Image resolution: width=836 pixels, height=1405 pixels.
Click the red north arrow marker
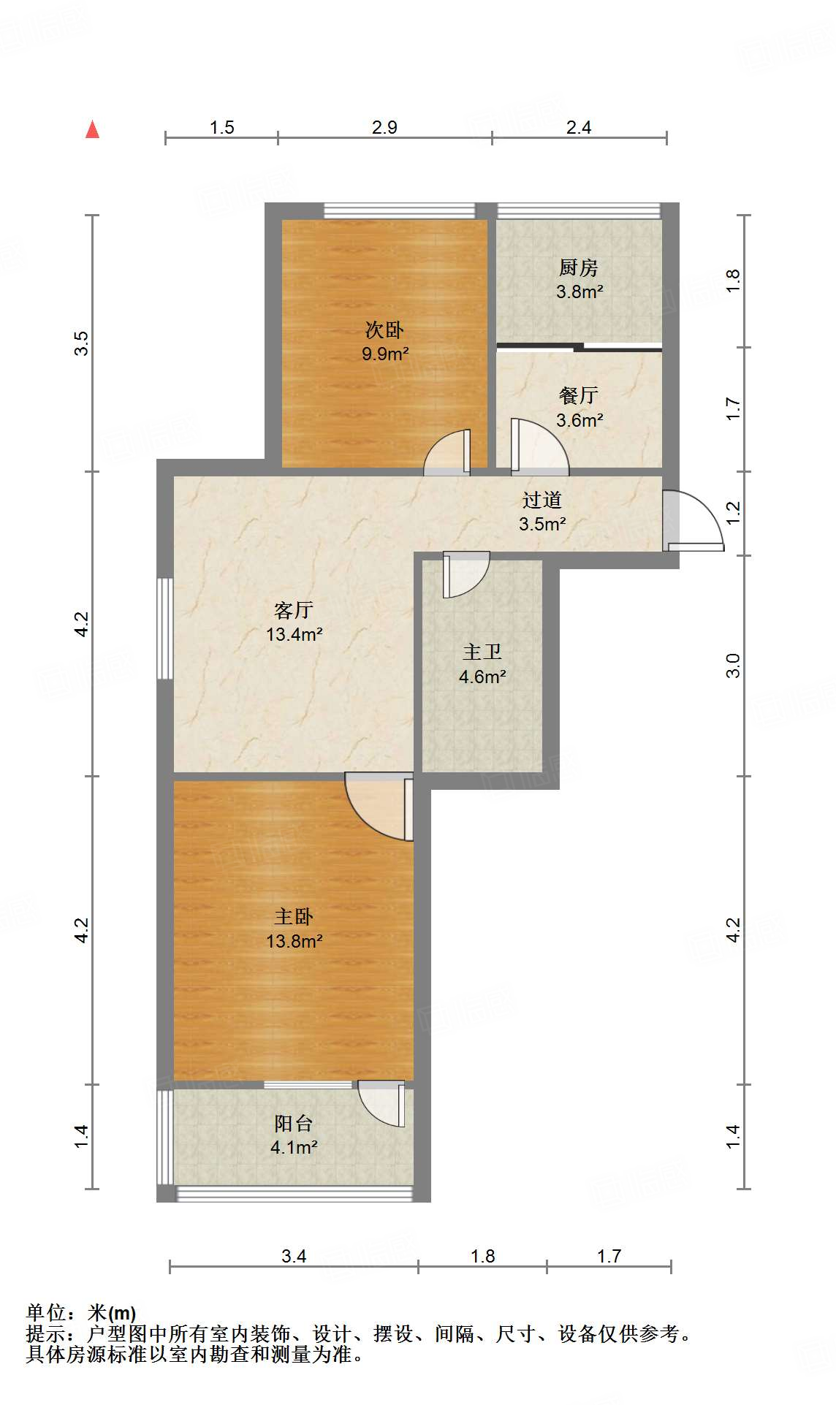[x=92, y=130]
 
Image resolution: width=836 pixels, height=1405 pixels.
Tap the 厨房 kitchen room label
[x=579, y=267]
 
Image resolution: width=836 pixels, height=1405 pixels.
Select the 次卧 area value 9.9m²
[x=385, y=354]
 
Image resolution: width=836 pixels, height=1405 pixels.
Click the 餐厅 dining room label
[x=579, y=395]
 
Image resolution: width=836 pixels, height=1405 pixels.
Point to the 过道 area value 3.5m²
[x=542, y=524]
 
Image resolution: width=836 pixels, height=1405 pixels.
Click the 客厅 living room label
[x=294, y=609]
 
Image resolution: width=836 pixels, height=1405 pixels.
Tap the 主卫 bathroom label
[x=482, y=652]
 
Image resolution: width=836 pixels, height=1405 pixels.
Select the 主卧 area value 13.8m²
[x=294, y=941]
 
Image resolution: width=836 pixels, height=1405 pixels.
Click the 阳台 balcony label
[x=294, y=1123]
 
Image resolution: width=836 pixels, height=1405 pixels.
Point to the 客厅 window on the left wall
[x=166, y=629]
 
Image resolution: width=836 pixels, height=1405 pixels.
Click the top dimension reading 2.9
[x=384, y=127]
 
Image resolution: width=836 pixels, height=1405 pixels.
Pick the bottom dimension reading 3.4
[x=294, y=1256]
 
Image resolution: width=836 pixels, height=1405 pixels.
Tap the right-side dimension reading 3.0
[x=733, y=665]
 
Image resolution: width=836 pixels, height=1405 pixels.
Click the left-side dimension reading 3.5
[x=82, y=343]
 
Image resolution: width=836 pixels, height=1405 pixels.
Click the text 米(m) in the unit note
[x=112, y=1313]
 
